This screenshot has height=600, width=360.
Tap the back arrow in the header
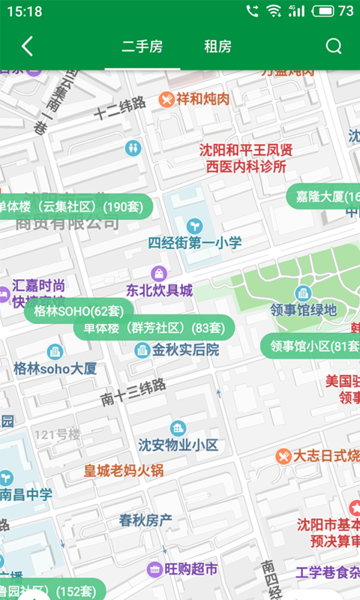click(27, 46)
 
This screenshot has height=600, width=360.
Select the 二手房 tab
click(142, 46)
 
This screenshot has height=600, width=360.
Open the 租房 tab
click(217, 46)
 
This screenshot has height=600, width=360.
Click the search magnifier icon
click(333, 46)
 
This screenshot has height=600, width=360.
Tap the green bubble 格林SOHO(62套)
click(79, 310)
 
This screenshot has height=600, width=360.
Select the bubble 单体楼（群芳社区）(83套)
click(154, 328)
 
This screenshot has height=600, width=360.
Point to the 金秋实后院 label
click(185, 349)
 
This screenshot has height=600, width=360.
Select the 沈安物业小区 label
click(178, 445)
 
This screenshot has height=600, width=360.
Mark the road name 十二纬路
click(120, 108)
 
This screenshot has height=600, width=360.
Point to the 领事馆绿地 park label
click(304, 310)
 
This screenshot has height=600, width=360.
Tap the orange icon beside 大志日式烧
click(283, 455)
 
